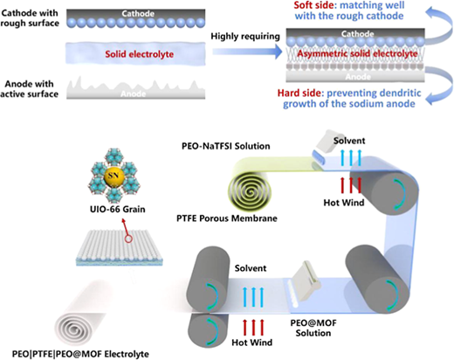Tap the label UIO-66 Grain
(117, 209)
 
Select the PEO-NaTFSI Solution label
(226, 146)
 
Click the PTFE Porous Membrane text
(227, 218)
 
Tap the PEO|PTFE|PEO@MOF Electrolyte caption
(80, 354)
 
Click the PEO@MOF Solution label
(313, 328)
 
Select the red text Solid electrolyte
(140, 54)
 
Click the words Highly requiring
(245, 36)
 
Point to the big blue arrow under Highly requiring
(247, 52)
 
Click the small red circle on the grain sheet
(128, 239)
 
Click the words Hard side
(299, 93)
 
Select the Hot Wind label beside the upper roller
(344, 203)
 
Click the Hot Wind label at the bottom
(252, 342)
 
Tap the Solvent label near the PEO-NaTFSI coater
(349, 141)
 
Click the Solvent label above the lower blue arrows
(251, 268)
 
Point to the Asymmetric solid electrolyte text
(357, 53)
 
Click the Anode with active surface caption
(29, 89)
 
